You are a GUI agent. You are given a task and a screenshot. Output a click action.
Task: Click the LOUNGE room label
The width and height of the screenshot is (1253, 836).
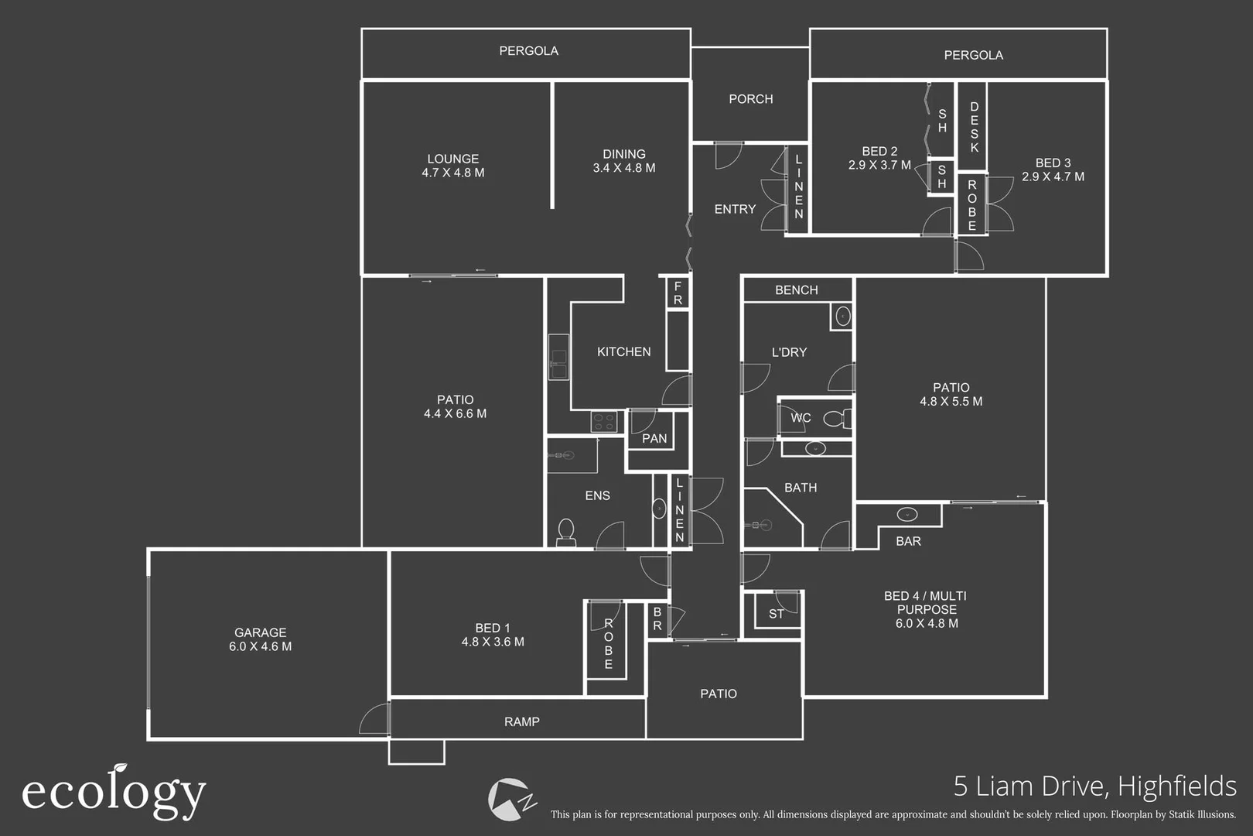tap(453, 159)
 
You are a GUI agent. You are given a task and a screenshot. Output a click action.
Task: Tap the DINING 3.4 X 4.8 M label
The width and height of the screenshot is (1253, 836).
tap(623, 161)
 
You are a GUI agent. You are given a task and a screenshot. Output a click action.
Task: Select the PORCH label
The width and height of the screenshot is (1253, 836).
tap(750, 99)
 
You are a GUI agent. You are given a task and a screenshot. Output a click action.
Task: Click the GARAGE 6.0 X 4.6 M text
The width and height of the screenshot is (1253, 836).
tap(260, 639)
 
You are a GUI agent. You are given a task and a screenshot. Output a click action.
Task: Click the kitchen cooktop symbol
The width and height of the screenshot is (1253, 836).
tap(603, 422)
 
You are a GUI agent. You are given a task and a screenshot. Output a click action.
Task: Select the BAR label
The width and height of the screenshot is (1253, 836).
tap(908, 541)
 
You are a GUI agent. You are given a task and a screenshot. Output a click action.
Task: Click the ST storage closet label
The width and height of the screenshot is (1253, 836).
tap(776, 614)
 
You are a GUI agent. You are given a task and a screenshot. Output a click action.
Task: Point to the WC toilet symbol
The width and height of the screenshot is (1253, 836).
tap(836, 419)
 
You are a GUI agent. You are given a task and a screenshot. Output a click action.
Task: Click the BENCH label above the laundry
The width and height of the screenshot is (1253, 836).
tap(796, 290)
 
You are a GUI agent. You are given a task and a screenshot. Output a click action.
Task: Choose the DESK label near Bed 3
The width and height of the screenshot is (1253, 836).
tap(974, 126)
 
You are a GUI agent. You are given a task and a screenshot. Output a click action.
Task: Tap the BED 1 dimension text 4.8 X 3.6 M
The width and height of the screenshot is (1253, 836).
tap(493, 642)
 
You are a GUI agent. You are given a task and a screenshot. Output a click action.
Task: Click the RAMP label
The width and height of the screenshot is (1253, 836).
tap(521, 721)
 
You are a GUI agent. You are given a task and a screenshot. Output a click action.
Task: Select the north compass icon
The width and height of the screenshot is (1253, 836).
tap(510, 799)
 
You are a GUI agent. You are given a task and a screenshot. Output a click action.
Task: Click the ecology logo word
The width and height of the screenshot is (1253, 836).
tap(114, 793)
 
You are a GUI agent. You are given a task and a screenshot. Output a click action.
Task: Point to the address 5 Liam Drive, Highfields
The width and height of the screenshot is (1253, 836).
tap(1094, 786)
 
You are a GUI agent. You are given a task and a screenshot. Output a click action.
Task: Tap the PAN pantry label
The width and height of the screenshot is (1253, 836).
tap(654, 439)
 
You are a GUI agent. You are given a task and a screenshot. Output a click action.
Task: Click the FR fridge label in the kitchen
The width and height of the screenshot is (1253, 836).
tap(678, 293)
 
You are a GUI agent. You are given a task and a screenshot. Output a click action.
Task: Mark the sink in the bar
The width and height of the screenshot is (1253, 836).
tap(906, 515)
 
